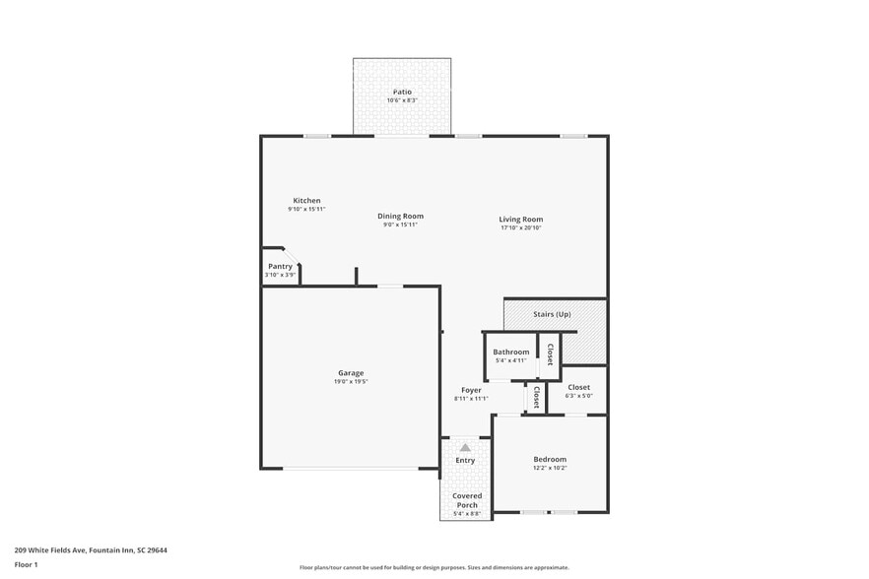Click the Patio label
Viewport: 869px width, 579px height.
coord(402,92)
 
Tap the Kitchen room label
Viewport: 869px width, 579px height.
coord(306,201)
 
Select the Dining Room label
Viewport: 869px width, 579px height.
coord(401,217)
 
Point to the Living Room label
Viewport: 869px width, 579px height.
coord(520,220)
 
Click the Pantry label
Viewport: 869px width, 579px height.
coord(281,266)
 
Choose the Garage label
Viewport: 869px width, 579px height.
coord(351,373)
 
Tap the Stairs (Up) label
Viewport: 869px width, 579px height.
coord(552,314)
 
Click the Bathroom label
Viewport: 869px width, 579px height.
coord(511,352)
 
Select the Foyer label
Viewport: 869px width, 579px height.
coord(471,390)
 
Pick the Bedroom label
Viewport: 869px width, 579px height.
coord(550,460)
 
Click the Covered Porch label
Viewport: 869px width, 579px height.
coord(465,500)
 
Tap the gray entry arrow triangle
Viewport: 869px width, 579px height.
coord(465,447)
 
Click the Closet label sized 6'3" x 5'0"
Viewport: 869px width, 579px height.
coord(578,387)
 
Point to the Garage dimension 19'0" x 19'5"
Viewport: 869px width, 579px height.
coord(351,382)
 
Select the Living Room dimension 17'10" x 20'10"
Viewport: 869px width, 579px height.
coord(520,227)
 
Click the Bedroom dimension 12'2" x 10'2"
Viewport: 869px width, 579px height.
coord(550,469)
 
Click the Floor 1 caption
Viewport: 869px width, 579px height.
coord(26,564)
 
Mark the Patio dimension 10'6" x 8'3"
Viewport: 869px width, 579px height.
coord(402,100)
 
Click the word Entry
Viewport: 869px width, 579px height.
coord(465,461)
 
